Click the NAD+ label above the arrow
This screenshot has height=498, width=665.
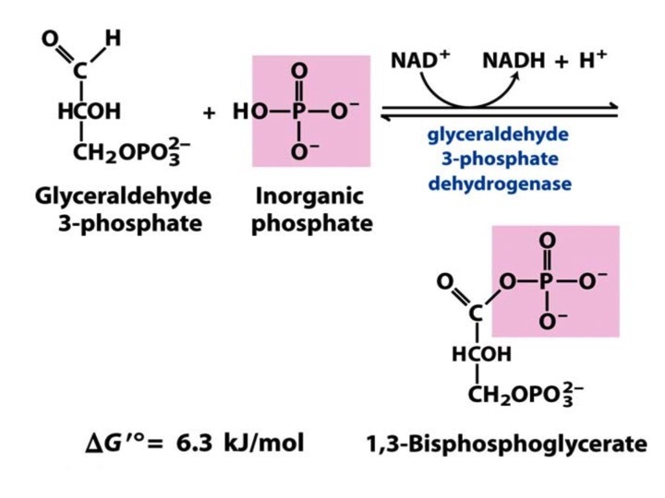(x=420, y=60)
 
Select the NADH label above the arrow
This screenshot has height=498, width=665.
(x=514, y=60)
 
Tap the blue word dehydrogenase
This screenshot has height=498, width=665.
(x=500, y=184)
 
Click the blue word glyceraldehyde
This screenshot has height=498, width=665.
(x=498, y=136)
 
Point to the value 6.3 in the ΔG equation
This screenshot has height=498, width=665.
(x=194, y=444)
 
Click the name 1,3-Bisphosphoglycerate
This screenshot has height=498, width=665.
(x=506, y=445)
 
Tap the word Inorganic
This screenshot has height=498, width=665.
(x=309, y=197)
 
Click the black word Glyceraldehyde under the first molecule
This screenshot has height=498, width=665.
(x=124, y=197)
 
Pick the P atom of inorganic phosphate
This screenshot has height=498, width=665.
(x=299, y=111)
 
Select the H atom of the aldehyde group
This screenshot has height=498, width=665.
(x=114, y=38)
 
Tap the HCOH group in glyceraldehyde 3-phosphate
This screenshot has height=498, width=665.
(x=89, y=111)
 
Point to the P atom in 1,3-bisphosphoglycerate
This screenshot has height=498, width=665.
(x=547, y=280)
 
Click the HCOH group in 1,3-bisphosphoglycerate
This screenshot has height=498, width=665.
(x=481, y=354)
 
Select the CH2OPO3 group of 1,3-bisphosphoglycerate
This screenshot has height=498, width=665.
(x=526, y=394)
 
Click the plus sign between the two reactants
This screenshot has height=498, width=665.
(x=209, y=113)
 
